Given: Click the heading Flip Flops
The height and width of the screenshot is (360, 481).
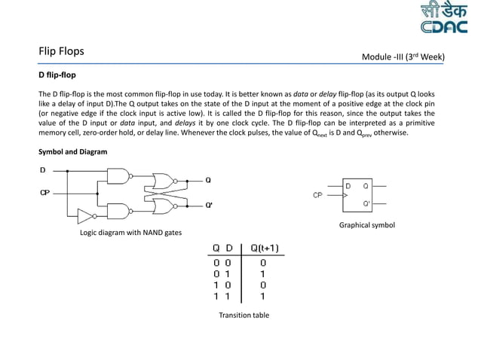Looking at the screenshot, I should [61, 52].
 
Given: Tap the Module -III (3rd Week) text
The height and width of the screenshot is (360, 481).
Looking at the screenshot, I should [403, 56].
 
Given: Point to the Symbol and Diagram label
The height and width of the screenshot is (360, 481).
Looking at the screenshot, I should [72, 152].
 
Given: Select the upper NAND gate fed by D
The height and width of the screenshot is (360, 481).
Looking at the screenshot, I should [118, 176].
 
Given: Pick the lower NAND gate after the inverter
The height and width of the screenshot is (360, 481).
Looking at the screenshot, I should [118, 210].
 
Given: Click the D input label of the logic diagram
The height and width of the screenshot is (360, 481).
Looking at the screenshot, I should [43, 170].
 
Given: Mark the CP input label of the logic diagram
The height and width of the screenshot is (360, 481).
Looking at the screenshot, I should [44, 194].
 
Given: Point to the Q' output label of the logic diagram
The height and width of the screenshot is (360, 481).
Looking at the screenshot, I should [210, 205].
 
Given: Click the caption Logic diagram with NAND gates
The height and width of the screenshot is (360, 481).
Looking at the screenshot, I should [131, 233].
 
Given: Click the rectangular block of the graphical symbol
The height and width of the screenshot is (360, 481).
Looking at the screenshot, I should [357, 194].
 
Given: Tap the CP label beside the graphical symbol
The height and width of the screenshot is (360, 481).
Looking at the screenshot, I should [319, 195].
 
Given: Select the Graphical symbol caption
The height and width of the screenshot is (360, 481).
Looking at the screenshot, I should [366, 225].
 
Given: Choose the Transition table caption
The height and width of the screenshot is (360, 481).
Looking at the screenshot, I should [244, 315].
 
